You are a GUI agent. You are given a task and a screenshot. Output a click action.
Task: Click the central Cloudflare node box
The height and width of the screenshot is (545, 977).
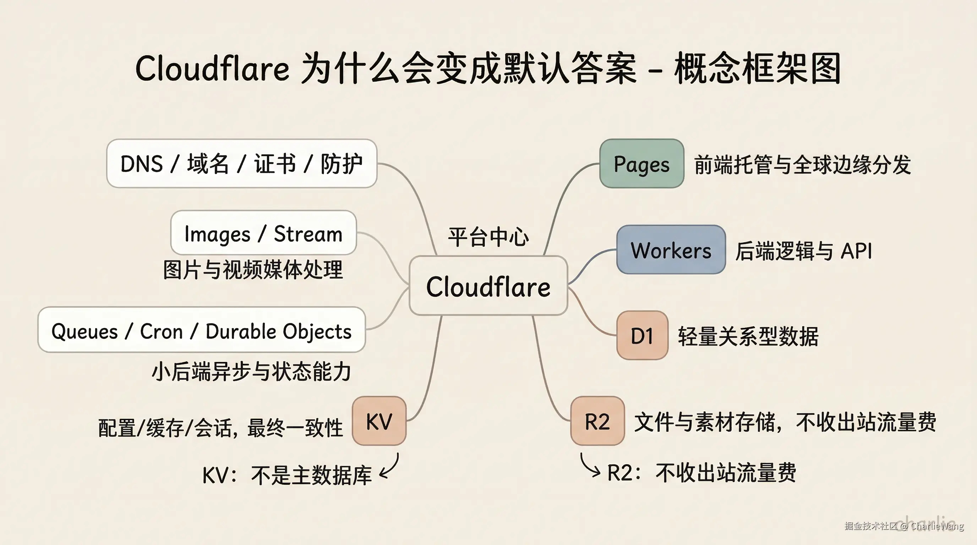[x=488, y=286]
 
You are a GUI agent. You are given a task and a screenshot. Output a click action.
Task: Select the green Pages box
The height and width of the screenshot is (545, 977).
[x=642, y=164]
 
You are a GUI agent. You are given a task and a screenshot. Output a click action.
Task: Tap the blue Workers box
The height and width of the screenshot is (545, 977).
[x=671, y=250]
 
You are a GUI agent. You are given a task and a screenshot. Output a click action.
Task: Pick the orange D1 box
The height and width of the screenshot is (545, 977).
[x=642, y=335]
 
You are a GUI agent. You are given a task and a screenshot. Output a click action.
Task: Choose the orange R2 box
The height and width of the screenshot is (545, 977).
[x=597, y=421]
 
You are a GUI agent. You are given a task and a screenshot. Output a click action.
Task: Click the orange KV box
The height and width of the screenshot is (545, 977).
[x=379, y=421]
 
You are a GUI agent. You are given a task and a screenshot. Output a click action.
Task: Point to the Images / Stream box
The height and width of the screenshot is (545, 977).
[x=263, y=233]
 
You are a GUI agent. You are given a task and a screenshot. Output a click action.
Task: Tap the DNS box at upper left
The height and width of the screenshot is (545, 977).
[x=242, y=164]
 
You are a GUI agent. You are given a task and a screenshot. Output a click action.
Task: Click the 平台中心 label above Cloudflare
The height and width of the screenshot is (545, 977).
[x=488, y=237]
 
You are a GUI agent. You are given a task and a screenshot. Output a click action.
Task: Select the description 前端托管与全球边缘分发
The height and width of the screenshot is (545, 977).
[x=802, y=165]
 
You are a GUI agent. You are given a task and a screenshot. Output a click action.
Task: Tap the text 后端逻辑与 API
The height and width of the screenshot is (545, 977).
[x=803, y=251]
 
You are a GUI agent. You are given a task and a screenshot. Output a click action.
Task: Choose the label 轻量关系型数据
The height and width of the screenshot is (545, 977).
[x=748, y=336]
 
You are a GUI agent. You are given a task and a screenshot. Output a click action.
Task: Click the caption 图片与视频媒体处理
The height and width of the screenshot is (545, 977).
[x=253, y=270]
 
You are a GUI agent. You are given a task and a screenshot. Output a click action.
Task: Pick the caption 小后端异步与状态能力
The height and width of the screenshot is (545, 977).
[x=251, y=371]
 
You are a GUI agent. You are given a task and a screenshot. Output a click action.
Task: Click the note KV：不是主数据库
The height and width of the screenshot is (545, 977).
[x=287, y=475]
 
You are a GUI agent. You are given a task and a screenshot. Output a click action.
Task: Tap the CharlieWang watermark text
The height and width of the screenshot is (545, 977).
[x=937, y=526]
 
